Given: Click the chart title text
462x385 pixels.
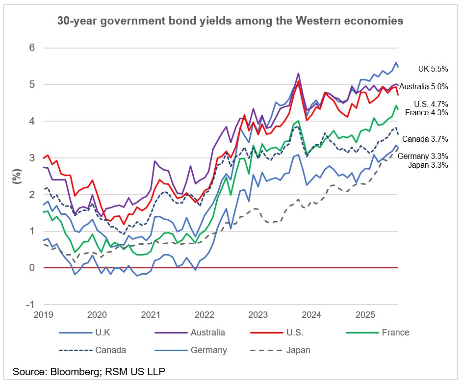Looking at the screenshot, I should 230,21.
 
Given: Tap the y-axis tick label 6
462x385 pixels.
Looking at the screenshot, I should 32,48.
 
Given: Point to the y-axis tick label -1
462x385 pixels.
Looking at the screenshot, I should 30,304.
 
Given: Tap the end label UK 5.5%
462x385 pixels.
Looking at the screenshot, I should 433,69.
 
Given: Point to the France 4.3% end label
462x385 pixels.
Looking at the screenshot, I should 426,112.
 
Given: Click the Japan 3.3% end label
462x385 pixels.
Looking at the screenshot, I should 428,165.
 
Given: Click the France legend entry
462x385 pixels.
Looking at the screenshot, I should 395,332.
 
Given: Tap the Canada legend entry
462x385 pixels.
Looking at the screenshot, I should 111,350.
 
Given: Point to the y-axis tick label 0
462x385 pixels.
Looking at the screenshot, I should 32,268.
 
